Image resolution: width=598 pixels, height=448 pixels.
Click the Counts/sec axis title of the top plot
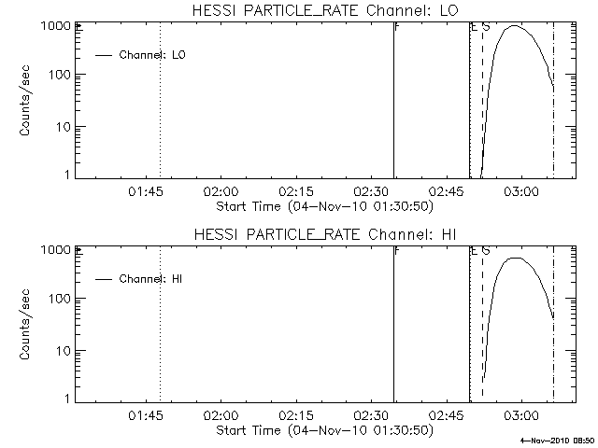pos(25,100)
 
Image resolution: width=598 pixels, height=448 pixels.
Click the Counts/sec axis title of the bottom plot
pos(25,324)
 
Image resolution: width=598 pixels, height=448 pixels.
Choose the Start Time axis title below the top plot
pos(323,205)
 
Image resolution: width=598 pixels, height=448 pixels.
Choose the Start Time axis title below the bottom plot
pos(323,429)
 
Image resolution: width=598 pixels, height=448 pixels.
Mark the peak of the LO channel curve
pos(514,26)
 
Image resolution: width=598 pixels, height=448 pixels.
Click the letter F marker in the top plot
pos(398,27)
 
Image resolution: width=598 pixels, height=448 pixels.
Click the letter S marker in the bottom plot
pos(486,251)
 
